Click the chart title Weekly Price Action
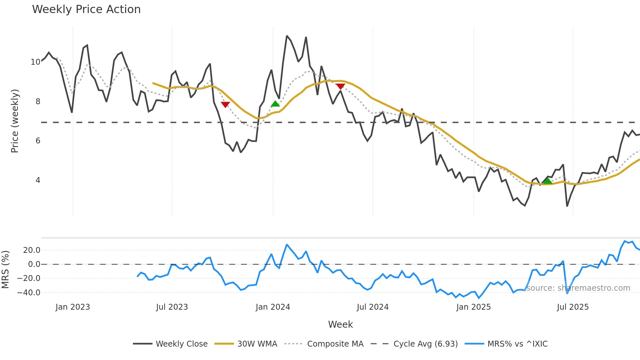point(86,9)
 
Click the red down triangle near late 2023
point(225,105)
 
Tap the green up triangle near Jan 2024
point(275,104)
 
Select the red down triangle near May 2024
point(340,87)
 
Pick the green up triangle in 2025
point(548,181)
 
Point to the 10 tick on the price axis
point(35,62)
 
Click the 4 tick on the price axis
point(38,180)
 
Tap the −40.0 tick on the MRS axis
point(29,293)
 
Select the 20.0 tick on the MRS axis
point(31,250)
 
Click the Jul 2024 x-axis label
point(373,307)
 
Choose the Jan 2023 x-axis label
point(72,307)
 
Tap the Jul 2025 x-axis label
point(573,307)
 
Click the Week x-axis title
point(340,324)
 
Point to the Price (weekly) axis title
point(15,121)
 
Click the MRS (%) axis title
point(5,270)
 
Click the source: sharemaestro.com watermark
point(578,288)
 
